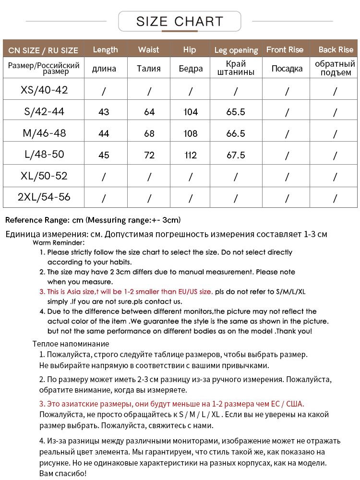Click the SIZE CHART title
click(180, 22)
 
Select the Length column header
click(105, 49)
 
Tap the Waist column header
click(148, 49)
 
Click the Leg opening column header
click(236, 50)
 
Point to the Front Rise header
click(285, 49)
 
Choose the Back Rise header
click(336, 49)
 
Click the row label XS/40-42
click(45, 90)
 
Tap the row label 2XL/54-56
click(44, 197)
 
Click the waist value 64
click(149, 112)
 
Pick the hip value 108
click(191, 133)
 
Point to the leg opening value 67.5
click(236, 155)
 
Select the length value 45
click(104, 155)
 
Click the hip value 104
click(191, 112)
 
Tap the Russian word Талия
click(149, 68)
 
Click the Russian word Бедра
click(191, 68)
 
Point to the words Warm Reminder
click(59, 242)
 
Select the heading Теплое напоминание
click(71, 344)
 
